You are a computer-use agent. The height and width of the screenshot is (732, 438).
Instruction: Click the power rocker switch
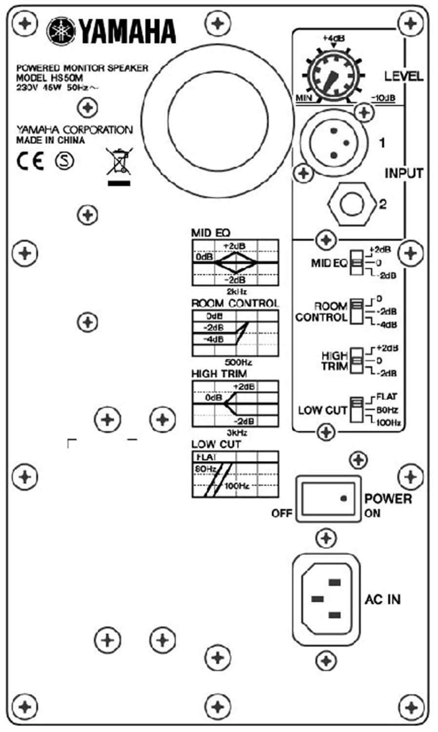pyautogui.click(x=328, y=498)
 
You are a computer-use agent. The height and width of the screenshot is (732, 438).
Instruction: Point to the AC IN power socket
pyautogui.click(x=326, y=598)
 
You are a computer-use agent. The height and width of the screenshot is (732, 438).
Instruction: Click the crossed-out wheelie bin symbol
pyautogui.click(x=119, y=163)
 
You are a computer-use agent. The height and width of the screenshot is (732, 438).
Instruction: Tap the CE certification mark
pyautogui.click(x=30, y=161)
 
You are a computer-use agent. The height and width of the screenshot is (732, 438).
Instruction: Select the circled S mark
pyautogui.click(x=64, y=161)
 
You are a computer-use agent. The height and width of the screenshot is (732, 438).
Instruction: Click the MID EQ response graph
pyautogui.click(x=235, y=263)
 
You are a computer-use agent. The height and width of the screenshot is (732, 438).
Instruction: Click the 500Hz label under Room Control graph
pyautogui.click(x=238, y=363)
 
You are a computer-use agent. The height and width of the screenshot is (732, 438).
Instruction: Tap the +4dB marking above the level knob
pyautogui.click(x=334, y=37)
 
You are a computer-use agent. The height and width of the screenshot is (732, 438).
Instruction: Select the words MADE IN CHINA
pyautogui.click(x=50, y=141)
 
